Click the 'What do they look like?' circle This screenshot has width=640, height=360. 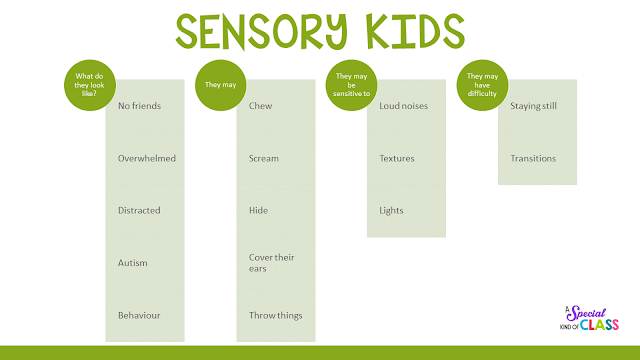90,85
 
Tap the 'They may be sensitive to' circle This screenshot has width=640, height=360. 351,85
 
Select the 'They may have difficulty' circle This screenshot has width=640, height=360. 482,85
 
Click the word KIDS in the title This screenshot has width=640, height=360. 415,31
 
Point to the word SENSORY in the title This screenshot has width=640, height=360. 261,31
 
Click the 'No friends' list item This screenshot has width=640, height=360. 139,106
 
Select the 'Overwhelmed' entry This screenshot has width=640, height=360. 147,158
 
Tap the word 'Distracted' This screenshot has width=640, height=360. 139,210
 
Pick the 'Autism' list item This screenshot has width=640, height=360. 132,263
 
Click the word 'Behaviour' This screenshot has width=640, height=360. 139,315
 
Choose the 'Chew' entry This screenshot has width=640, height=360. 260,106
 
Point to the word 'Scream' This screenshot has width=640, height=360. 264,158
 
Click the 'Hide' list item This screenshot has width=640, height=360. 258,210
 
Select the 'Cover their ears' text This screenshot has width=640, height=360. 271,263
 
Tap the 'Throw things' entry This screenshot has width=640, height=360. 276,316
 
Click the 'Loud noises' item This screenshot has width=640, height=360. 403,106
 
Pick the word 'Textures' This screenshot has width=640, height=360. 396,158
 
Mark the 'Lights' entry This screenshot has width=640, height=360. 391,211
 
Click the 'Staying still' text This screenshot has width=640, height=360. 533,106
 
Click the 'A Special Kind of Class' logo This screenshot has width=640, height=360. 589,318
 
